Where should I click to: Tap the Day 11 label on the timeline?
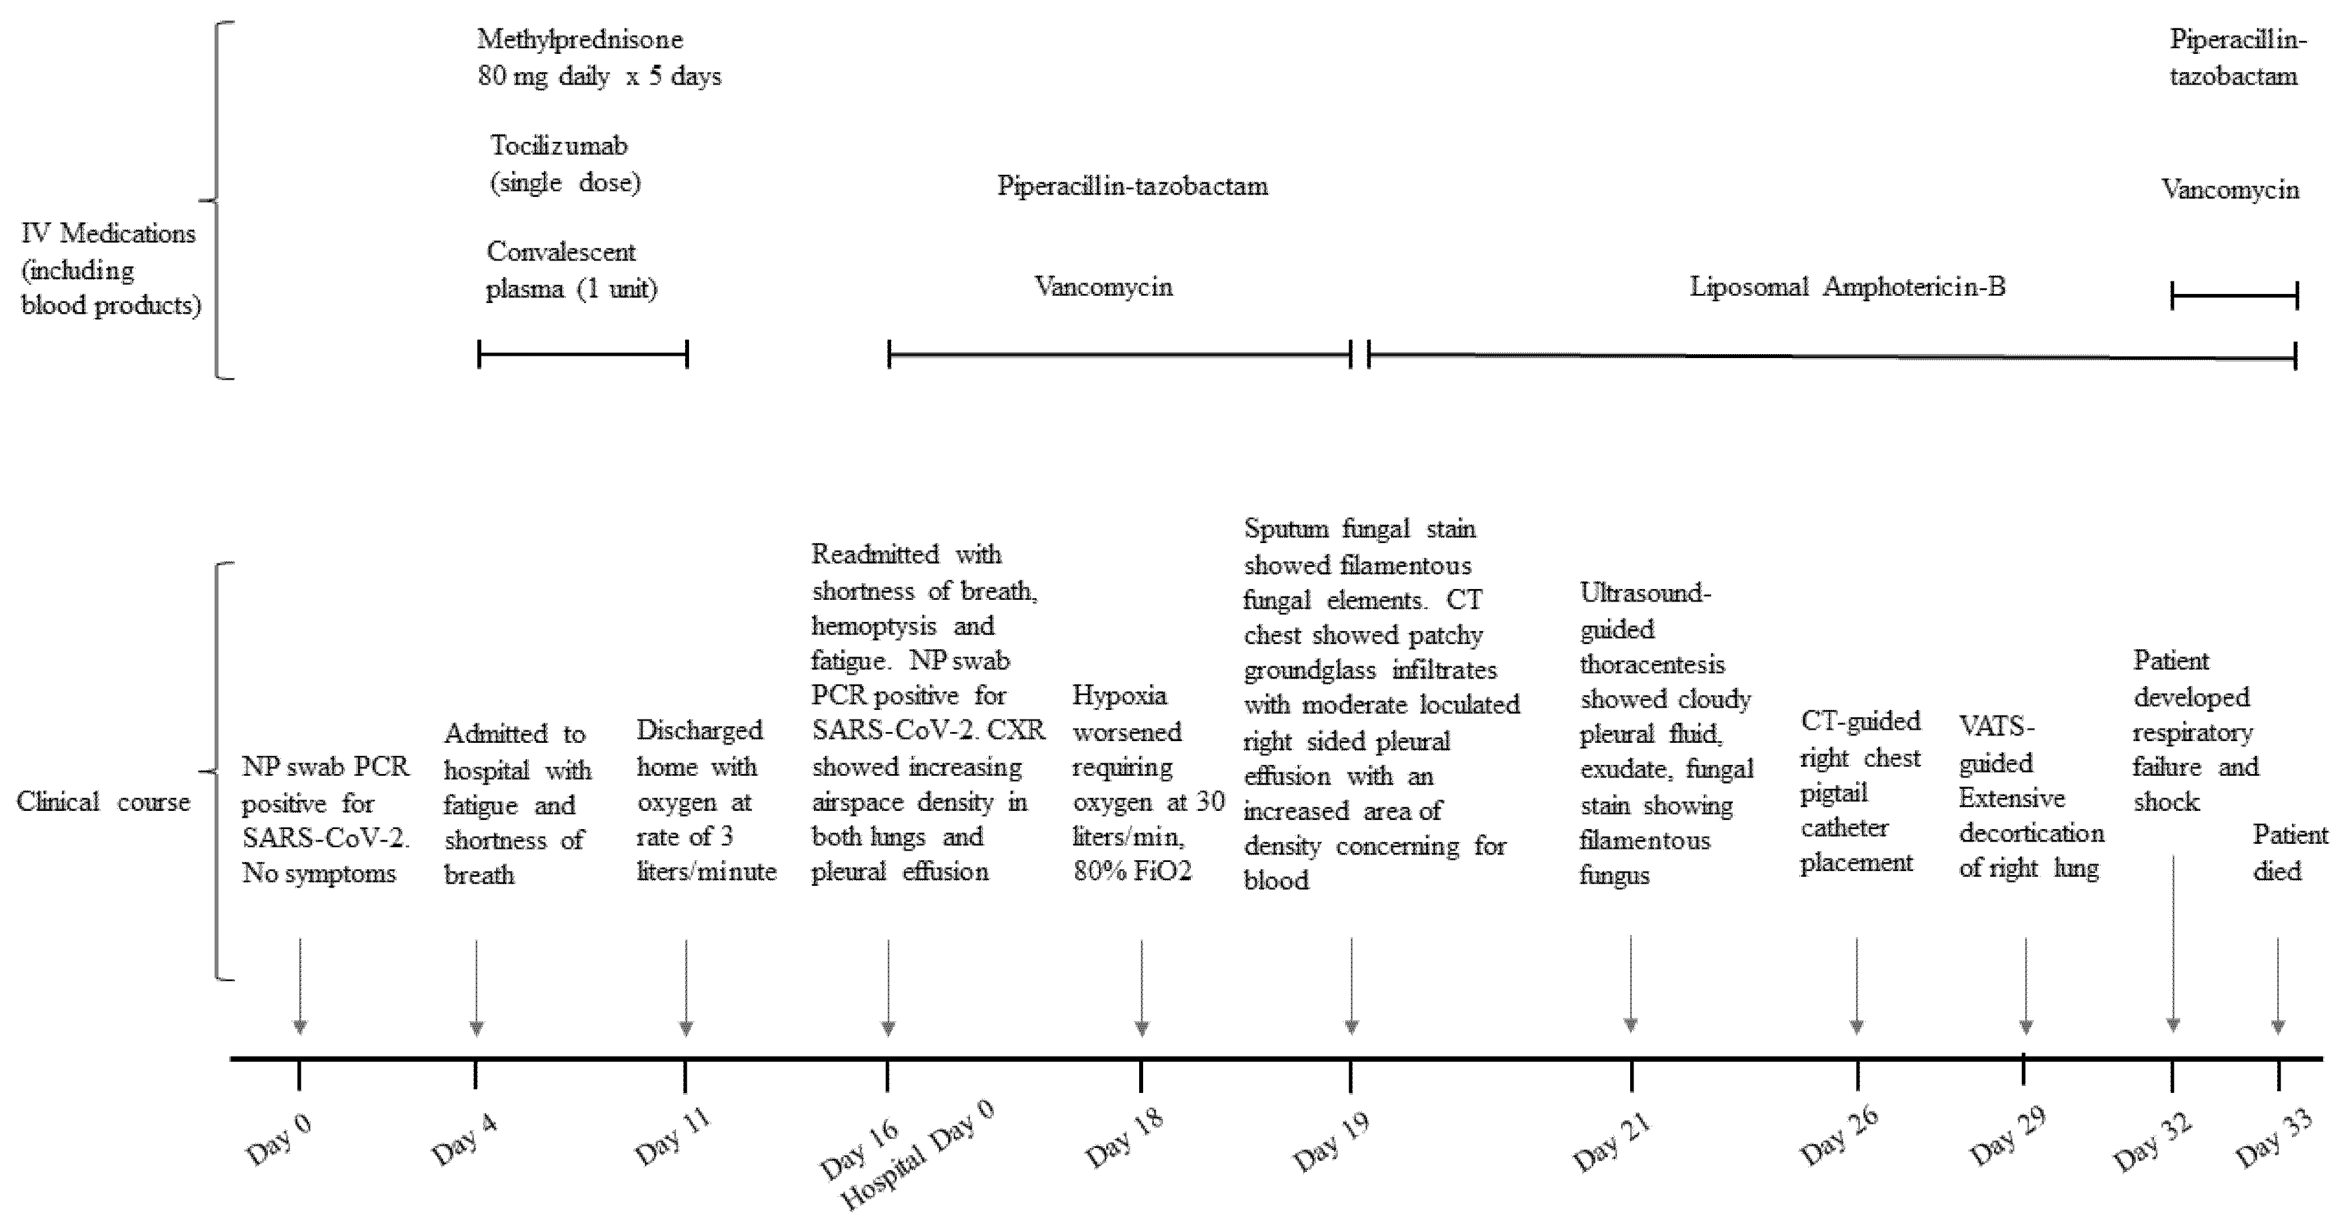672,1138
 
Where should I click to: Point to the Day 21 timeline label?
1612,1142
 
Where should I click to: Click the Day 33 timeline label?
2274,1139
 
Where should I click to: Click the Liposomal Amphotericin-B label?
1847,288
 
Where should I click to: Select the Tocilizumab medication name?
559,145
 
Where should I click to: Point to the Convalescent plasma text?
571,270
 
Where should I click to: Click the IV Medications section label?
109,269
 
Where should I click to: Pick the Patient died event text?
2289,852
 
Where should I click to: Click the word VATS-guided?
1996,744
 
